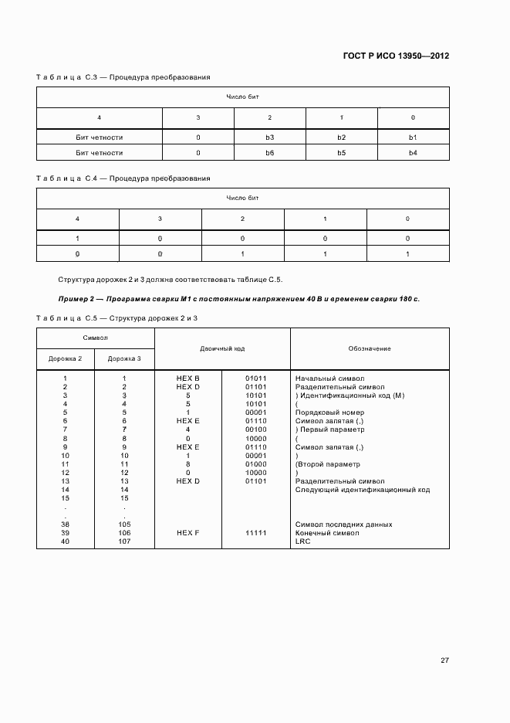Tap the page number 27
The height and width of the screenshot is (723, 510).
(x=444, y=660)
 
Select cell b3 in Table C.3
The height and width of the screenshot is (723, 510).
(x=269, y=137)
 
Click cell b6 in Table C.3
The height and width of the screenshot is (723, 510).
(x=269, y=153)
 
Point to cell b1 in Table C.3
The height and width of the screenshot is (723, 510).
(x=413, y=137)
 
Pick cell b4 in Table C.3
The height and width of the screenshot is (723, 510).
(x=413, y=153)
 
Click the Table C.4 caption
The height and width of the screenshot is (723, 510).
(x=123, y=178)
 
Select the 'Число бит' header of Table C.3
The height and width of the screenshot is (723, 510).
(x=242, y=97)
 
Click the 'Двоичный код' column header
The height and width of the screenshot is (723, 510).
(x=222, y=348)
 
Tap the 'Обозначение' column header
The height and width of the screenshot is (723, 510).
(x=369, y=348)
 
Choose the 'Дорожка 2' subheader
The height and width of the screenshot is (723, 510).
(x=65, y=358)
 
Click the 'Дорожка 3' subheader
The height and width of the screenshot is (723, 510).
(x=123, y=358)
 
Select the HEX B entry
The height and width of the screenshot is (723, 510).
(x=187, y=378)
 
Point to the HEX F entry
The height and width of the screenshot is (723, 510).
(x=187, y=533)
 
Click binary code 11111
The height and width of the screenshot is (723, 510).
(x=256, y=533)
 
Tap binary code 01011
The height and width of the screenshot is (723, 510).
(x=256, y=378)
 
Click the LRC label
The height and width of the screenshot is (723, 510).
(x=302, y=541)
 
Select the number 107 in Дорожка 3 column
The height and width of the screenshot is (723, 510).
(x=123, y=541)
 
